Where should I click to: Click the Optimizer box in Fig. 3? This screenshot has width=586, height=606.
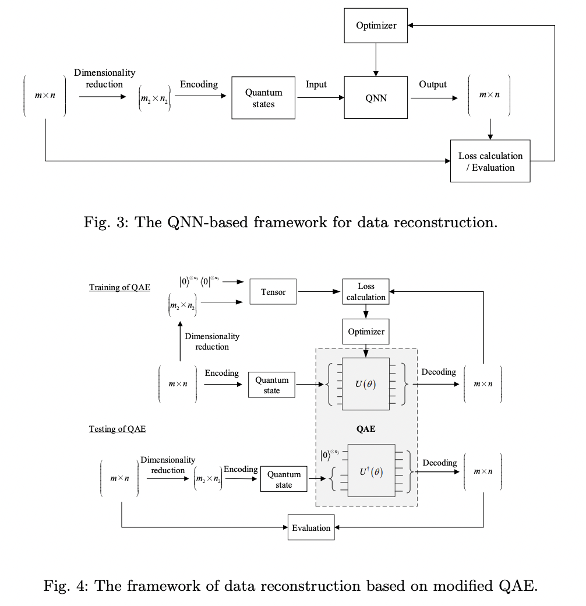click(x=376, y=26)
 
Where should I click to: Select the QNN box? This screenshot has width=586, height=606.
click(x=376, y=98)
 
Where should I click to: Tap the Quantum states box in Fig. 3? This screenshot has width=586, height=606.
click(x=263, y=98)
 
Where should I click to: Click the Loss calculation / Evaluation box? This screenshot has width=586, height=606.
click(x=490, y=161)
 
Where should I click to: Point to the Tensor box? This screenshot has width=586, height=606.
click(x=273, y=292)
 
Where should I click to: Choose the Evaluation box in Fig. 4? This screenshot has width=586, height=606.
click(x=311, y=528)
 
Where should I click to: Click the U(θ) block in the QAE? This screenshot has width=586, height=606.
click(x=365, y=384)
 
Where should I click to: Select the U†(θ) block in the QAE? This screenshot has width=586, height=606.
click(x=371, y=472)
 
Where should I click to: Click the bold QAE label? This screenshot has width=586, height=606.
click(x=366, y=429)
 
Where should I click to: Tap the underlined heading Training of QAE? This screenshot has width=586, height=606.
click(x=119, y=287)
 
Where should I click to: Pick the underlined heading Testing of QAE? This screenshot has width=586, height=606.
click(x=117, y=429)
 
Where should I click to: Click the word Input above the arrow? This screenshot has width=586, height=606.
click(x=316, y=85)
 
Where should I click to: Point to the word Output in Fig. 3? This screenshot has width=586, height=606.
click(x=433, y=85)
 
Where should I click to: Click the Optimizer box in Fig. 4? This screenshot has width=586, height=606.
click(x=366, y=332)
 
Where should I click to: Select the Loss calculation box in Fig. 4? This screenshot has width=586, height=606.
click(x=366, y=292)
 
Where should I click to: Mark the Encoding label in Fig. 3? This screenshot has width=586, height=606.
click(x=199, y=85)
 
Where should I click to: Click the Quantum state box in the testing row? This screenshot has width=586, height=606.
click(x=284, y=480)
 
